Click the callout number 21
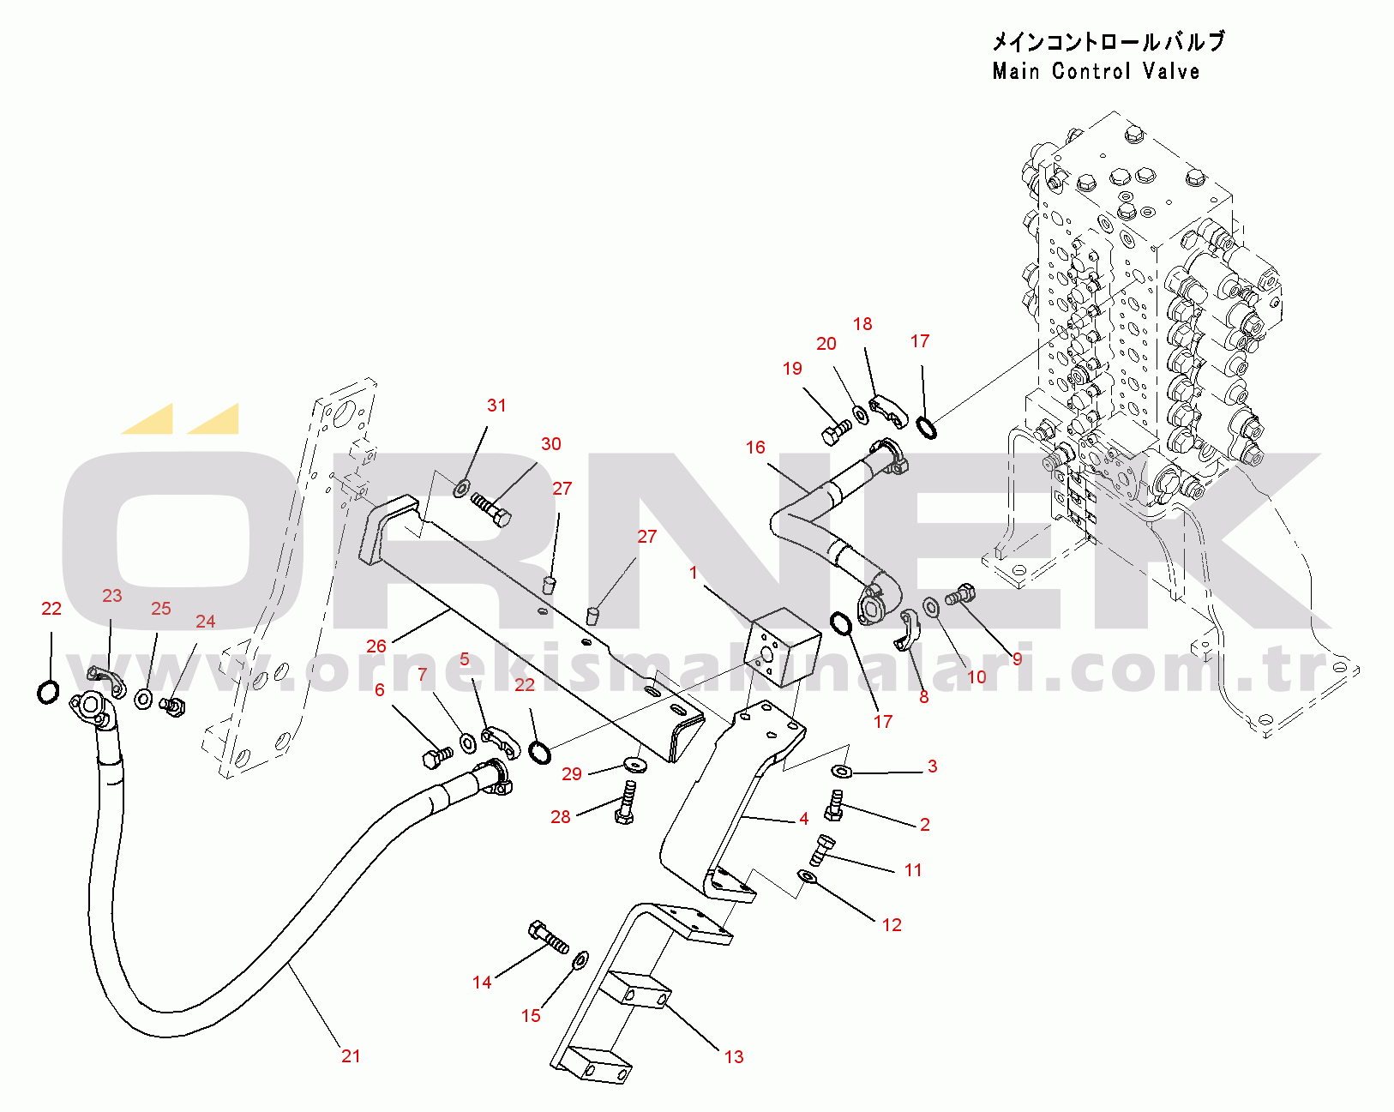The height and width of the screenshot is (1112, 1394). (351, 1056)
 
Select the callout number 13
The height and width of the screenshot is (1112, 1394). (734, 1057)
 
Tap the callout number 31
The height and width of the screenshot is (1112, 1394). (496, 406)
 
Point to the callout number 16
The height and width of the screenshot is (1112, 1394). (755, 448)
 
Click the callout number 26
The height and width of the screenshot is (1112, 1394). (376, 646)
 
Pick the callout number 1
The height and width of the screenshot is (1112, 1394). (694, 573)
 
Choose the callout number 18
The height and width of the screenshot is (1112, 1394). (862, 324)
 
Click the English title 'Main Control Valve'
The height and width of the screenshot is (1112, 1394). (1096, 71)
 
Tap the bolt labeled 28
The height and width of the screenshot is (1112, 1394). (625, 802)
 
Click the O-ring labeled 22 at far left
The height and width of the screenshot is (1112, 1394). (49, 691)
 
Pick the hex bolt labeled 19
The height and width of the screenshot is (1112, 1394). (835, 431)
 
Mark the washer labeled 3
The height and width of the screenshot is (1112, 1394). (843, 772)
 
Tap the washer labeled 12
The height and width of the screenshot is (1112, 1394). (806, 876)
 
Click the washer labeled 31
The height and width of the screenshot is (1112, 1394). (460, 490)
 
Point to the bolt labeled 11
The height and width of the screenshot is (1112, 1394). (821, 850)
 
